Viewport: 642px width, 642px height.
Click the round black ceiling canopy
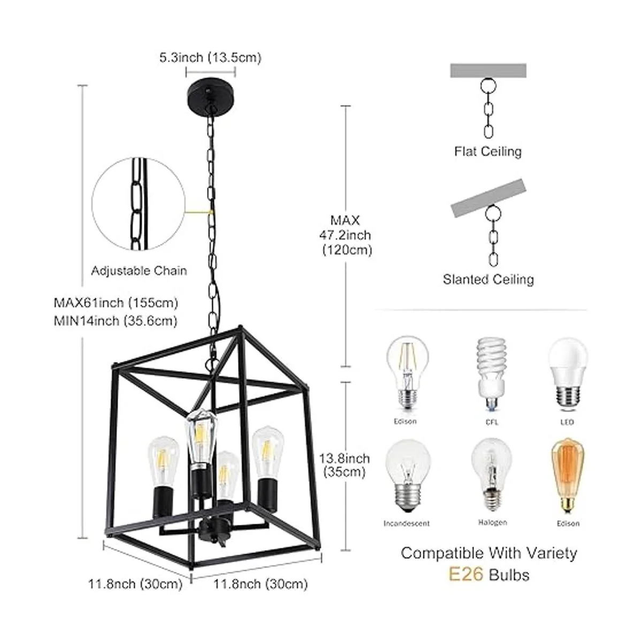click(211, 93)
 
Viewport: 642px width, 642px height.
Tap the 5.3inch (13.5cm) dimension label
click(210, 58)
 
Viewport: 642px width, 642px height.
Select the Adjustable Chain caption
click(139, 271)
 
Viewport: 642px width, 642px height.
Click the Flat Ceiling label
click(488, 151)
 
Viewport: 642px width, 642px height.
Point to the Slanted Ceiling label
click(488, 279)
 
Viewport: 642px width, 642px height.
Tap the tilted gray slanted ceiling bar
click(488, 198)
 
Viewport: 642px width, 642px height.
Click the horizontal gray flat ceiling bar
click(488, 70)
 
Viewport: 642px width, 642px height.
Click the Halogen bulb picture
click(492, 478)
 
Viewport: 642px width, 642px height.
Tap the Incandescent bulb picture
click(407, 480)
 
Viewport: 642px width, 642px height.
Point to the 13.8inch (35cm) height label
click(345, 465)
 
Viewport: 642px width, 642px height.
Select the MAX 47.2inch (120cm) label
click(346, 235)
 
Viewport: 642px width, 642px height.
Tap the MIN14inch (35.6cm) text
click(116, 321)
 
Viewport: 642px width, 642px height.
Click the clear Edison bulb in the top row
click(407, 375)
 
